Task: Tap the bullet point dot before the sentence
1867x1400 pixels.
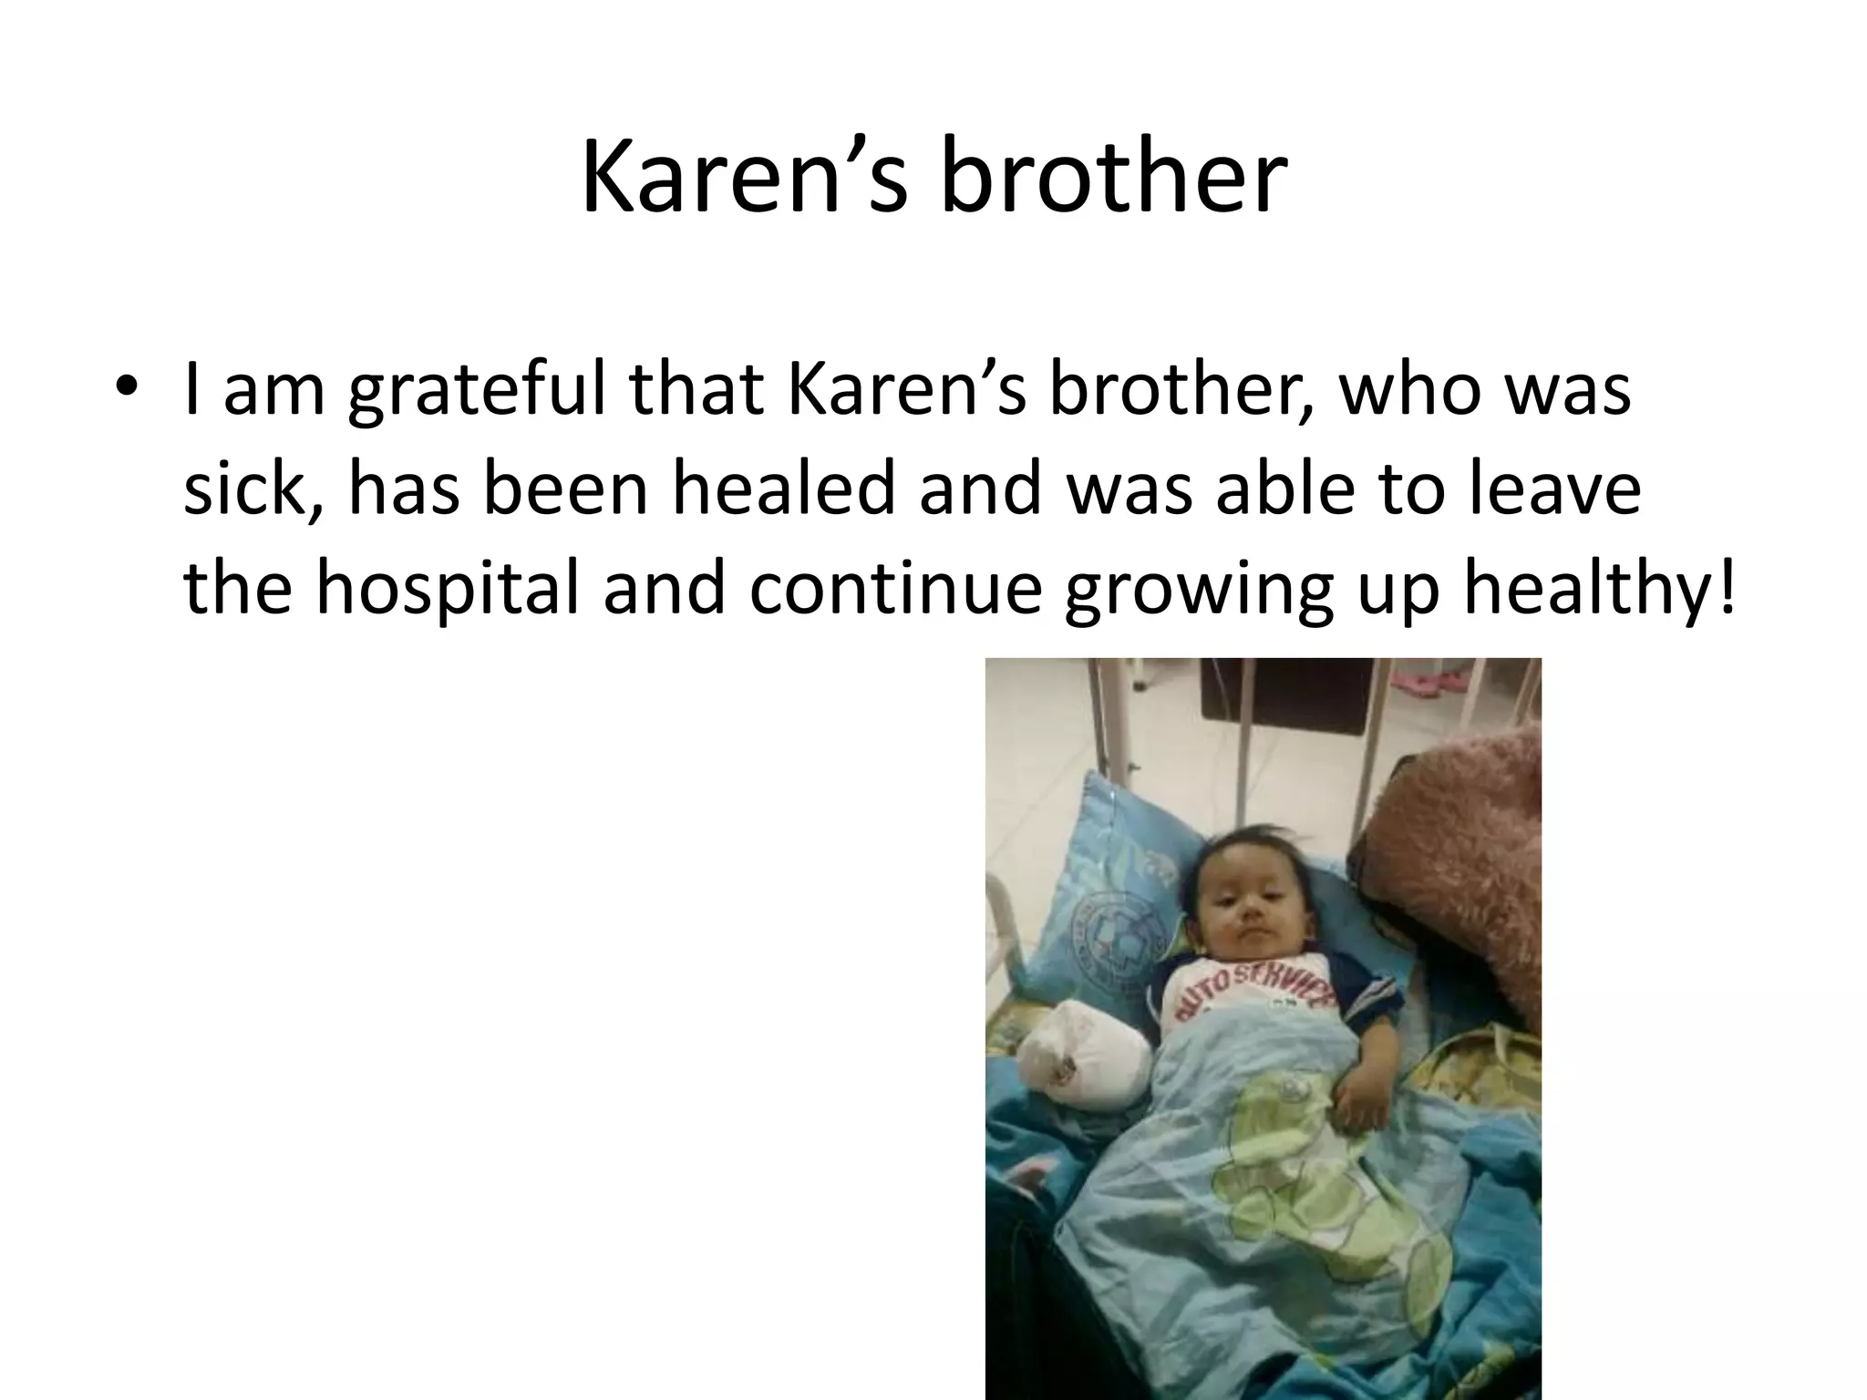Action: (x=127, y=386)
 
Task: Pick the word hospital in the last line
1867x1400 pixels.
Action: (x=447, y=588)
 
